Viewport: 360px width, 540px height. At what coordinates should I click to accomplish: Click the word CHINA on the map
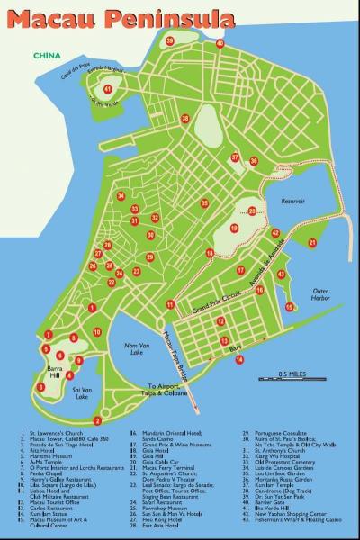(x=47, y=56)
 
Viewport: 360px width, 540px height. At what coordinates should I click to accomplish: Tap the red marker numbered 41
(x=109, y=89)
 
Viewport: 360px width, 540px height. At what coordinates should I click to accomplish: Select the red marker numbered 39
(x=168, y=40)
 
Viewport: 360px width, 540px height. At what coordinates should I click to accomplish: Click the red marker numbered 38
(x=185, y=118)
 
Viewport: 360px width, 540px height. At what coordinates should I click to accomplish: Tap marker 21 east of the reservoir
(x=313, y=241)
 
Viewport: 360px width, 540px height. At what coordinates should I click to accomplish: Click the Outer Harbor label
(x=321, y=295)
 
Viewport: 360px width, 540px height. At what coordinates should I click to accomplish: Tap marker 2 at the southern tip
(x=97, y=420)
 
